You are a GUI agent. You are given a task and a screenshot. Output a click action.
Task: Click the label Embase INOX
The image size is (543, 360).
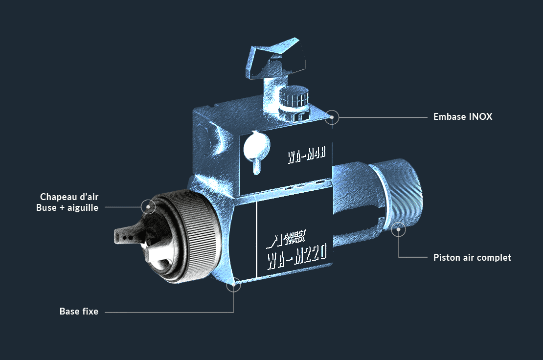point(463,116)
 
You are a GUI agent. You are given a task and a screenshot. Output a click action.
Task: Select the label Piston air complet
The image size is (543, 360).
point(473,258)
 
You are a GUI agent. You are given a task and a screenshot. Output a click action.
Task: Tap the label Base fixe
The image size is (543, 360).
point(79,312)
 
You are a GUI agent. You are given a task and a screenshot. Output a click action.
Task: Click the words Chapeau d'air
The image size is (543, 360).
point(69,197)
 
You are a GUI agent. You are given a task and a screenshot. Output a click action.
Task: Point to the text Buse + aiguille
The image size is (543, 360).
point(67,208)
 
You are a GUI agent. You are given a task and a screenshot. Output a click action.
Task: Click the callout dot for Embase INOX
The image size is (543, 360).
point(332,117)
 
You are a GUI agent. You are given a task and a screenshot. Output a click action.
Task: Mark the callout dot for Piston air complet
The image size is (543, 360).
point(399,229)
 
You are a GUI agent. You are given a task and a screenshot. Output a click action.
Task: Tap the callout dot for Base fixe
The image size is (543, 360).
point(234,285)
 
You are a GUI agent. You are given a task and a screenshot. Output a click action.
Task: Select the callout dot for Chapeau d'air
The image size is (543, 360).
point(148,206)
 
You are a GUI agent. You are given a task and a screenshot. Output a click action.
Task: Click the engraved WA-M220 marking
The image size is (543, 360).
point(297,256)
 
